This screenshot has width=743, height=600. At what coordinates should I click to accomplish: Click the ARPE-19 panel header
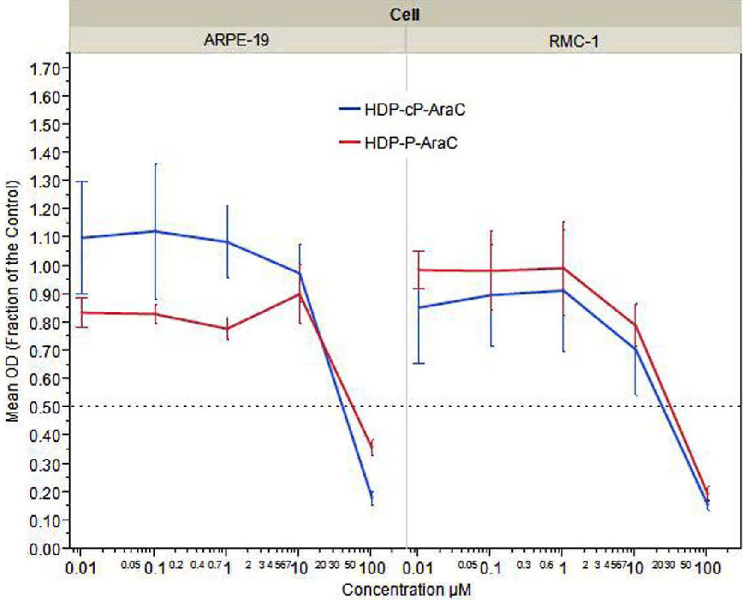(x=236, y=40)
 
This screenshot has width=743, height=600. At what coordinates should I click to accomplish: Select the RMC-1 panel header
(x=574, y=42)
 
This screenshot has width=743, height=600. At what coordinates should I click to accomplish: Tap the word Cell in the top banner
(x=404, y=15)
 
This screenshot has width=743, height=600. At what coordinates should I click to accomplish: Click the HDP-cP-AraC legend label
(x=414, y=110)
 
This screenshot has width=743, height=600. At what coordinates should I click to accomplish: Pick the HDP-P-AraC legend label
(x=410, y=143)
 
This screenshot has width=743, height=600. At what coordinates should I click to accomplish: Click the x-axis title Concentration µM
(x=406, y=590)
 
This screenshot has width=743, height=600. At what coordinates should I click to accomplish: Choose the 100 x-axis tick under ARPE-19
(x=371, y=569)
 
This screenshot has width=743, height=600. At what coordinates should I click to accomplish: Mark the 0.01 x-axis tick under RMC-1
(x=418, y=569)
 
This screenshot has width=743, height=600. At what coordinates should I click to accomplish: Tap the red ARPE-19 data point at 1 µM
(x=227, y=329)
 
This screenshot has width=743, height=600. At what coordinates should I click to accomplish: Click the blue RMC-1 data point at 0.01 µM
(x=418, y=307)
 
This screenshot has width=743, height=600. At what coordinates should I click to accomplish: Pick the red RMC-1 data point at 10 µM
(x=636, y=325)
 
